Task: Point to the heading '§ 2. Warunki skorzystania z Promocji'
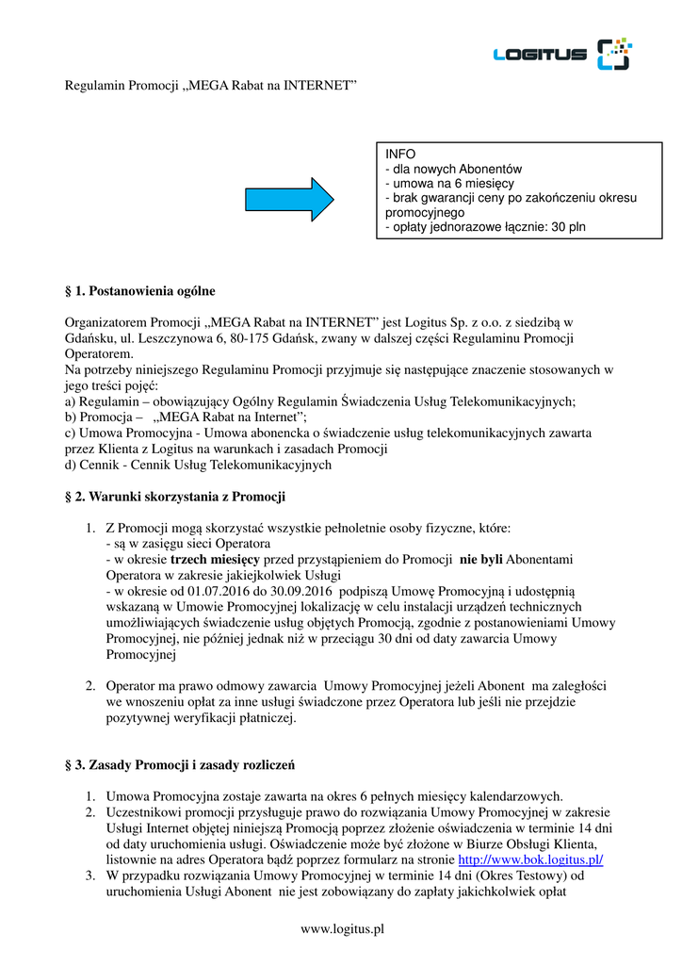174,496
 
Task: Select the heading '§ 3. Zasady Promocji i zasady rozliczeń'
185,763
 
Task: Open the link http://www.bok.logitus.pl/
529,860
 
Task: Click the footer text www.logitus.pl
341,929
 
